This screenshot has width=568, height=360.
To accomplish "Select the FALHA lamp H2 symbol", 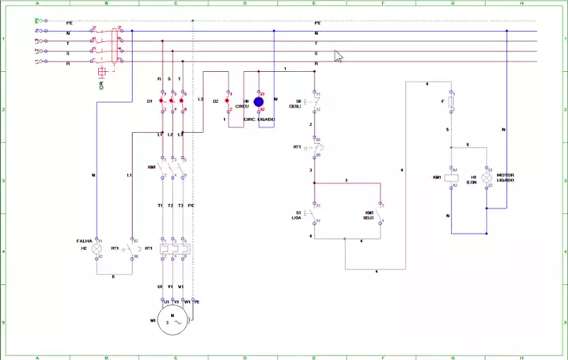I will coord(97,248).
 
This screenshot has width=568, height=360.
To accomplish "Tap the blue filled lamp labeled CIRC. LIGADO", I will coord(259,102).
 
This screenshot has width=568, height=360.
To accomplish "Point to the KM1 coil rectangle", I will coord(452,178).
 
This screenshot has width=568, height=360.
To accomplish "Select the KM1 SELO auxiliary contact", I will coord(381,214).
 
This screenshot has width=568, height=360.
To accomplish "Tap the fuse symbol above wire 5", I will coord(452,103).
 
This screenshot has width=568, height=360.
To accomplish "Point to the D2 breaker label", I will coord(215,101).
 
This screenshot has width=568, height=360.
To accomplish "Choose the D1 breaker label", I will coord(150,101).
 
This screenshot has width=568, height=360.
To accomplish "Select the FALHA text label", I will coord(84,241).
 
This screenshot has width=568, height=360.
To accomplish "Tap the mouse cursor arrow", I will coord(339,56).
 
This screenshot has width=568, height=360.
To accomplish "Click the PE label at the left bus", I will coord(70,24).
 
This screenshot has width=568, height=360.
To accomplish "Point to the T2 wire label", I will coord(170,205).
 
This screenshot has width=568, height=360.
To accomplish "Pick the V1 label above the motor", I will coord(170,286).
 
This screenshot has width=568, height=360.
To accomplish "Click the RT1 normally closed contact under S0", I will coord(316,147).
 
